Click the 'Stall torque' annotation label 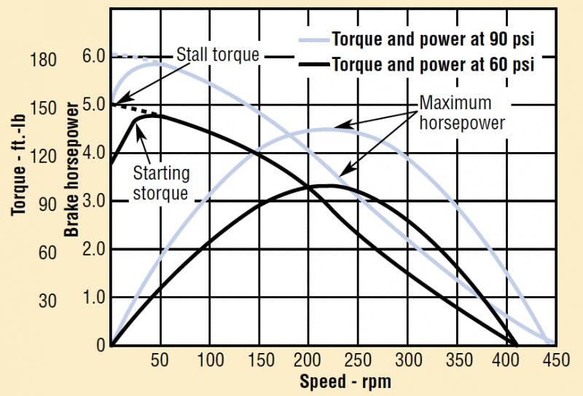tap(218, 55)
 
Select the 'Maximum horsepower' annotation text tap(462, 113)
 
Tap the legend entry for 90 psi tap(434, 38)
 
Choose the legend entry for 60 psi tap(434, 64)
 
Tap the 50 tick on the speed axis tap(160, 360)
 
